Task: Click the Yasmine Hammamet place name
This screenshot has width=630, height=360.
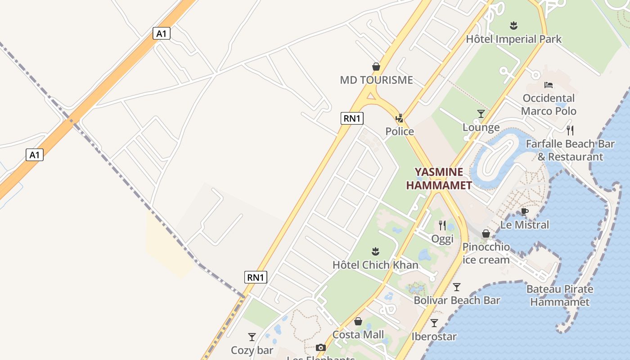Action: pos(439,179)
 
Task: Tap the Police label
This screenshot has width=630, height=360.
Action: pos(400,131)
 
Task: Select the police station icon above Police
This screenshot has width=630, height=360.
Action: pos(399,118)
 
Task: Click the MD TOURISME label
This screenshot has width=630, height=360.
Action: pos(376,80)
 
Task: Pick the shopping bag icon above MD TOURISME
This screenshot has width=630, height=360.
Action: pos(376,67)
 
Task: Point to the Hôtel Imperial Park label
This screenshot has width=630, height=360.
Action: pos(513,39)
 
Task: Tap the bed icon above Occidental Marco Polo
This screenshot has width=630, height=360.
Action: pos(548,85)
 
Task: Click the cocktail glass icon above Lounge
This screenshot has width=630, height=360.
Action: pos(481,114)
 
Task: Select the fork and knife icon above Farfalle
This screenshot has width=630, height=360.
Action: pos(570,130)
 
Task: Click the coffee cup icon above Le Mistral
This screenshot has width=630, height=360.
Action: pos(524,211)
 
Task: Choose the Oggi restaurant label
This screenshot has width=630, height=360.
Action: pos(442,239)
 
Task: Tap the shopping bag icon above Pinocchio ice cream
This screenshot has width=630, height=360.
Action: pos(486,234)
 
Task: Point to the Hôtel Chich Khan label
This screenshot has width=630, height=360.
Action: pos(375,265)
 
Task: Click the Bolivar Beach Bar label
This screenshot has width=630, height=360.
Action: pos(457,300)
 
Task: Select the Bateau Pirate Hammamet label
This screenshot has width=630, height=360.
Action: pos(560,295)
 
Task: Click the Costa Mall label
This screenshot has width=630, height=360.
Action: pos(358,334)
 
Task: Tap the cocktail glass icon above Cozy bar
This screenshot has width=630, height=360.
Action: pos(252,337)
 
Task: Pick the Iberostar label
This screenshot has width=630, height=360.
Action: pos(434,336)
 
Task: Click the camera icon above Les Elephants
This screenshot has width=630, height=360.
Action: pos(320,347)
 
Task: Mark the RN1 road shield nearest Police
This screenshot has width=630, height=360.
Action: pos(352,118)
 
